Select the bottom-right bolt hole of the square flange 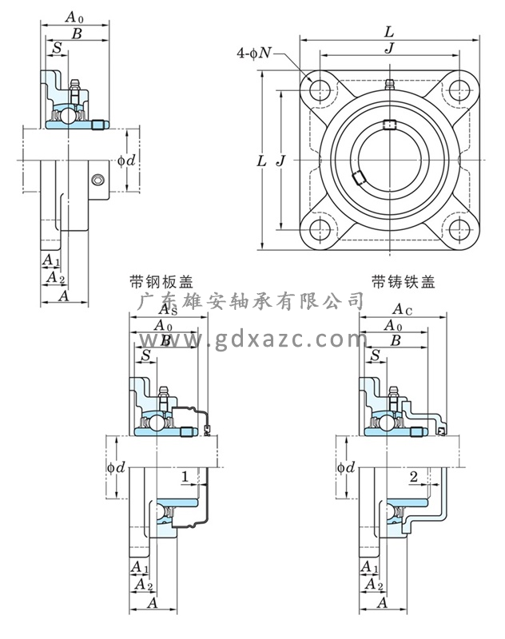point(459,228)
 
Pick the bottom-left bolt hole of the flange point(321,228)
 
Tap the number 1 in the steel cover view point(185,477)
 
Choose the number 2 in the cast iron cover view point(413,477)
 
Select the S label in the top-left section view point(57,48)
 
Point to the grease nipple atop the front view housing point(389,84)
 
